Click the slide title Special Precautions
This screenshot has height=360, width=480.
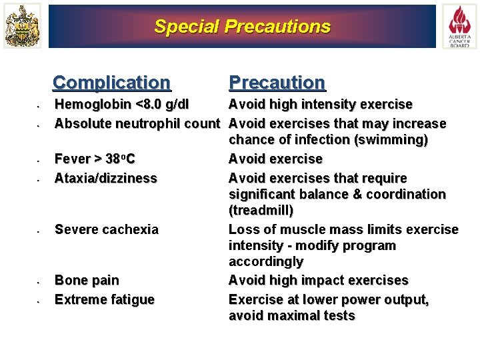coord(242,27)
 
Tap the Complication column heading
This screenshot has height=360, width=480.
coord(111,83)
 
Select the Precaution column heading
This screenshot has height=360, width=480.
coord(277,83)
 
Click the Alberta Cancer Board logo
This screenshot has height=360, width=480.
coord(459,26)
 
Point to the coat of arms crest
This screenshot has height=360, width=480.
coord(22,26)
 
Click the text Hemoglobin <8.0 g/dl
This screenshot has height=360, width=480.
coord(121,105)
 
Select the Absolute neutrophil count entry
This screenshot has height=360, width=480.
coord(137,123)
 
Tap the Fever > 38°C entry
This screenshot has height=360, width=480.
coord(95,159)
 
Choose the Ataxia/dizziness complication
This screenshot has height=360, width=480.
coord(105,178)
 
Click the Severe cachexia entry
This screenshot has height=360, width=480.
coord(107,229)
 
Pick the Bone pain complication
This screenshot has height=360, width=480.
coord(87,280)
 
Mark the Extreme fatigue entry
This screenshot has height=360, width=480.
coord(104,299)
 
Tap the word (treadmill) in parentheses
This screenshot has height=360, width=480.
coord(261,211)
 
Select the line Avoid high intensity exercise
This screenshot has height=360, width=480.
coord(320,105)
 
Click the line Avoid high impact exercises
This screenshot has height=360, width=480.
coord(318,280)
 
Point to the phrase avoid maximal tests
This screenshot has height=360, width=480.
coord(291,316)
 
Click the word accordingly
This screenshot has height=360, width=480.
coord(265,261)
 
